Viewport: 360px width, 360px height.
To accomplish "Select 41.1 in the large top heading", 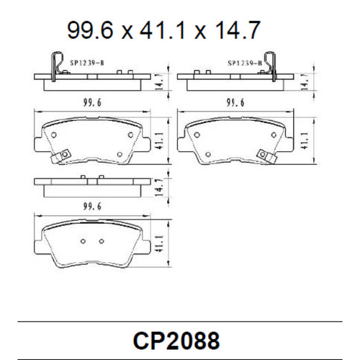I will tap(163, 30).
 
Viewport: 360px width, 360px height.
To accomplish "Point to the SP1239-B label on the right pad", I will tap(243, 63).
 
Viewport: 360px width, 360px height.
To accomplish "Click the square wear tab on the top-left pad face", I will tap(63, 154).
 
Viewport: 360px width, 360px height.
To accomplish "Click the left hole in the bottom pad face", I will tap(84, 240).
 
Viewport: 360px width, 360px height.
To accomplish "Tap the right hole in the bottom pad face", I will tap(102, 240).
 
